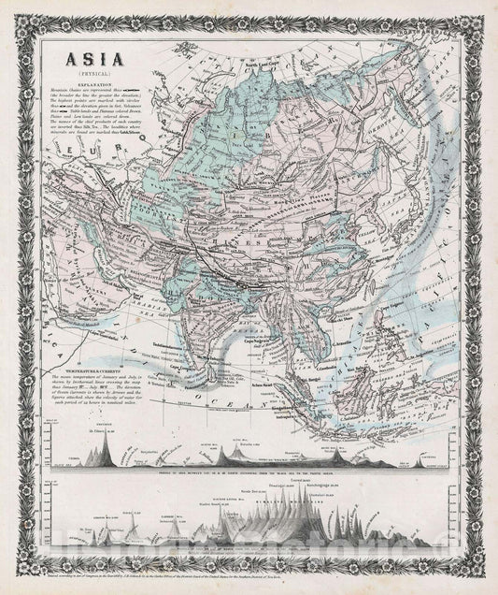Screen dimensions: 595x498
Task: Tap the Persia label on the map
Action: (140, 271)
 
